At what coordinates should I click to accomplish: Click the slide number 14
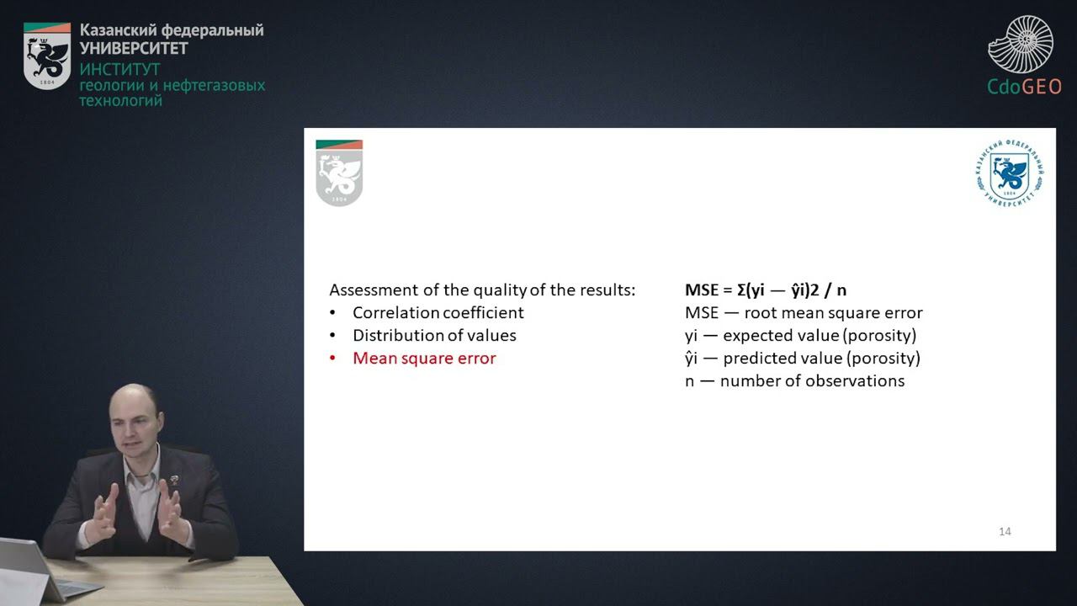tap(1005, 531)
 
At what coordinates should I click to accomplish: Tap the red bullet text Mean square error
tap(424, 358)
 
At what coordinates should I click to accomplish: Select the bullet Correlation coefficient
tap(438, 312)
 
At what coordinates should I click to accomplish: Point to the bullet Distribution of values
tap(434, 335)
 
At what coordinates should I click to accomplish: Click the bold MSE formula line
tap(766, 290)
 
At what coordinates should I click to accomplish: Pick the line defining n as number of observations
tap(794, 380)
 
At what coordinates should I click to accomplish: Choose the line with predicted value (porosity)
tap(803, 358)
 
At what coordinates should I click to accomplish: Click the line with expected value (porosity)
tap(800, 335)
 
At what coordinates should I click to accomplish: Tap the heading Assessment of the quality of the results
tap(482, 290)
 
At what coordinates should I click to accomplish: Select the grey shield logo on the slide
tap(339, 173)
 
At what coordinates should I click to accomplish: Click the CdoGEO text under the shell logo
tap(1024, 87)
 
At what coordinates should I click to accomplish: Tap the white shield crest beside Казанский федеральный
tap(47, 56)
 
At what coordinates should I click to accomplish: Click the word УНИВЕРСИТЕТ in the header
tap(134, 48)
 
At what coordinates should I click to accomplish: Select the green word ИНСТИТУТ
tap(119, 69)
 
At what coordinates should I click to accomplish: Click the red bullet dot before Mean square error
tap(333, 359)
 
